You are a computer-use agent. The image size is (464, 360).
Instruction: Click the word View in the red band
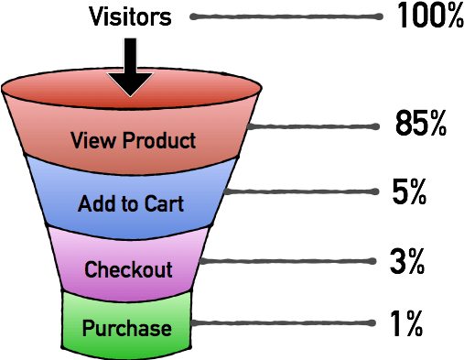92,141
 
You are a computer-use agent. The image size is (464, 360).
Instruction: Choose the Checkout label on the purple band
128,270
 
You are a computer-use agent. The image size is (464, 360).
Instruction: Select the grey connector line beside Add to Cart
302,191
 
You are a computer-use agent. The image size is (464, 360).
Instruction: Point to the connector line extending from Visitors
284,16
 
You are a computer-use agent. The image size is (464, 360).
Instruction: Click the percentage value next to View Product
423,125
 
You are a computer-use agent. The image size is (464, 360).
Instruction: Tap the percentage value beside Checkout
409,259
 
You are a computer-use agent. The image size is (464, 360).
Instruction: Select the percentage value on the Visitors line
430,16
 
